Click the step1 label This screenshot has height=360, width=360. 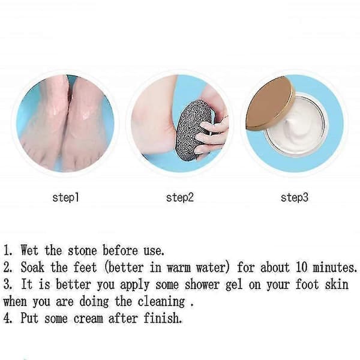(65, 197)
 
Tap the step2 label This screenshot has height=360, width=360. (180, 197)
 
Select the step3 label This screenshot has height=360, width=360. (295, 197)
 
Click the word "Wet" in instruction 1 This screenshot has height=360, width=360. (29, 250)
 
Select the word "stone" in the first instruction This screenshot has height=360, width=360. (82, 250)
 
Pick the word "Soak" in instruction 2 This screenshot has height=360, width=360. (32, 267)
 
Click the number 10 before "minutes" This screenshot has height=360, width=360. (301, 267)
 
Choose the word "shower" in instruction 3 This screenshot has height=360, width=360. (202, 284)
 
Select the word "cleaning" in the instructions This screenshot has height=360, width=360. (161, 302)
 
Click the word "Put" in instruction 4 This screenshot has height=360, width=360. (29, 318)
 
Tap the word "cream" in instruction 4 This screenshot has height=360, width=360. (88, 319)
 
